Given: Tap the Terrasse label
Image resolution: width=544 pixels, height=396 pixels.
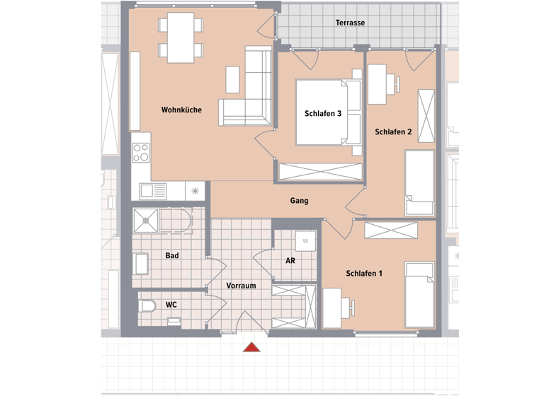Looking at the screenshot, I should tap(350, 23).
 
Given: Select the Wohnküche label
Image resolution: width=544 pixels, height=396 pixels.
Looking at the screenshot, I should tap(181, 110).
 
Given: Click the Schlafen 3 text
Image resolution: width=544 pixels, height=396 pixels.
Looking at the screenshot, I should tap(323, 113).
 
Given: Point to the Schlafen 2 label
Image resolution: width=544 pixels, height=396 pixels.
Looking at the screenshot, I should tap(393, 132).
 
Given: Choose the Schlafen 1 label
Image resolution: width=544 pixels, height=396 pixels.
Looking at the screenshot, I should tap(364, 273).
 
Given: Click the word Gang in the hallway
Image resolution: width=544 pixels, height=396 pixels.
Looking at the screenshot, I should tap(299, 201).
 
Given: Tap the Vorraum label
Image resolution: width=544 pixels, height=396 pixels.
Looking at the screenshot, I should tap(241, 286).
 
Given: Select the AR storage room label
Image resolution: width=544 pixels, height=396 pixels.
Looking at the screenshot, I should tap(290, 260).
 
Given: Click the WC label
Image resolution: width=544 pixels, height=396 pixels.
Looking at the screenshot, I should tap(171, 305).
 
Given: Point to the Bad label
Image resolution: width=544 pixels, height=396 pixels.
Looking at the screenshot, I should tap(171, 255).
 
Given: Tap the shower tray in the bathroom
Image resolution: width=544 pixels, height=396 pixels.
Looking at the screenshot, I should tap(147, 221).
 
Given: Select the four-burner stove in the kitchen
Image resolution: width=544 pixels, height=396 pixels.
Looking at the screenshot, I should tap(141, 153).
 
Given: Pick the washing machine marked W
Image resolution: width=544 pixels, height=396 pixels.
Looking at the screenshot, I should tap(305, 241).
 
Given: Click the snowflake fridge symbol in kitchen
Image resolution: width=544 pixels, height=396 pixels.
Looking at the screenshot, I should tap(195, 190).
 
